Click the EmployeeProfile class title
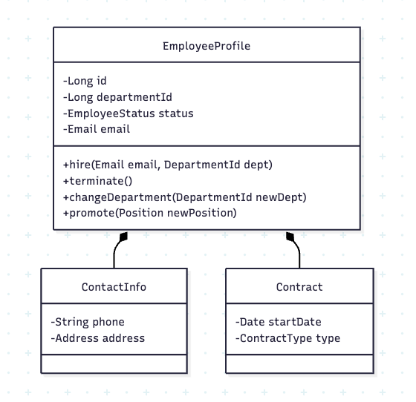pos(207,46)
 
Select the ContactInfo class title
pos(114,287)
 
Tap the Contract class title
pos(299,287)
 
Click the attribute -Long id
pos(85,81)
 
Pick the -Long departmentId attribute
pos(117,97)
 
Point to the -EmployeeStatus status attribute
pos(129,113)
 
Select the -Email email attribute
pos(97,129)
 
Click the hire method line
pos(168,165)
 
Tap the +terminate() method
pos(97,181)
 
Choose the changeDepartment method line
pos(185,197)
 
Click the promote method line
pos(150,213)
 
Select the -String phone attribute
pos(88,322)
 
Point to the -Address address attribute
pos(97,338)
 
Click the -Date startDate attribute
pos(279,322)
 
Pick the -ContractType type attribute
pos(288,338)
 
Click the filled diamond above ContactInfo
pos(123,237)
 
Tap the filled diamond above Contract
pos(290,237)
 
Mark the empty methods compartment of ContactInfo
pos(114,364)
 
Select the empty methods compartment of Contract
pos(299,364)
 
